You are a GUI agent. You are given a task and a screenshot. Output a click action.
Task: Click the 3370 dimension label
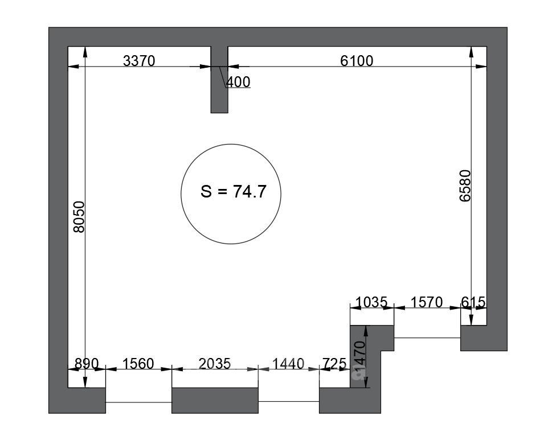point(139,61)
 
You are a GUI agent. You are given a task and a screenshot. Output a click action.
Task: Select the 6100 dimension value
point(357,61)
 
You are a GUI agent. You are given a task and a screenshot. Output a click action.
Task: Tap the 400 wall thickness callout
point(238,82)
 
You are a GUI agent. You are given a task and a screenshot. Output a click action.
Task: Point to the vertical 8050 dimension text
point(79,217)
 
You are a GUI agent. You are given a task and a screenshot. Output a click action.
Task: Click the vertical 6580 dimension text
point(465,186)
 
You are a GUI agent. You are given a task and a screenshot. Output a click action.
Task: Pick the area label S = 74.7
point(234,192)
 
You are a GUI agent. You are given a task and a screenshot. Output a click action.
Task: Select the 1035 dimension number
point(371,302)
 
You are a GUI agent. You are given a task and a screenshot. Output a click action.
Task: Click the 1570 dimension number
point(427,302)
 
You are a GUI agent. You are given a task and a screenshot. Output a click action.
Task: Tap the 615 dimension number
point(473,302)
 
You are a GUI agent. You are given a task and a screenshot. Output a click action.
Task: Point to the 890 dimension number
point(87,364)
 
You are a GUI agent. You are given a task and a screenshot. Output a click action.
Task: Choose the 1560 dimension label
point(138,364)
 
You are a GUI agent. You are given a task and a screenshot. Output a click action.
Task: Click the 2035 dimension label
point(215,364)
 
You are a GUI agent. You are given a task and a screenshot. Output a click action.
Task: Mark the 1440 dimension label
point(288,364)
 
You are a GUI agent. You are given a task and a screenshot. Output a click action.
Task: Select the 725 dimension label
point(334,364)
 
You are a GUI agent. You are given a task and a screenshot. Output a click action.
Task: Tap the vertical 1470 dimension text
point(359,357)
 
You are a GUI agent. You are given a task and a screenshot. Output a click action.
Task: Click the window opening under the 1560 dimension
point(138,402)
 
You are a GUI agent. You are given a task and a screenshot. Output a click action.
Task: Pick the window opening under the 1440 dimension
point(289,401)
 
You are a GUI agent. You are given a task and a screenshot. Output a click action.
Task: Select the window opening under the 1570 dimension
point(427,338)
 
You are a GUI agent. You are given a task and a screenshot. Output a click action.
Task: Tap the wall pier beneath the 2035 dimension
point(215,401)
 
